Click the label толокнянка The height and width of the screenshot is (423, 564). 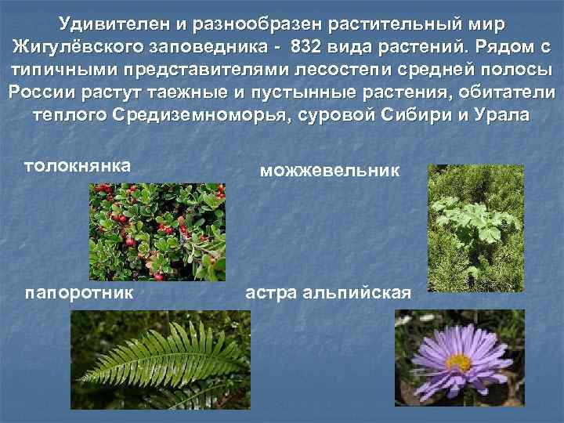pyautogui.click(x=77, y=165)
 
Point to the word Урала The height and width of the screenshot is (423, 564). pyautogui.click(x=501, y=114)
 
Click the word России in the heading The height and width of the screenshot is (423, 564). pyautogui.click(x=42, y=91)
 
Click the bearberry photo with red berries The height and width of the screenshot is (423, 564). pyautogui.click(x=155, y=231)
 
